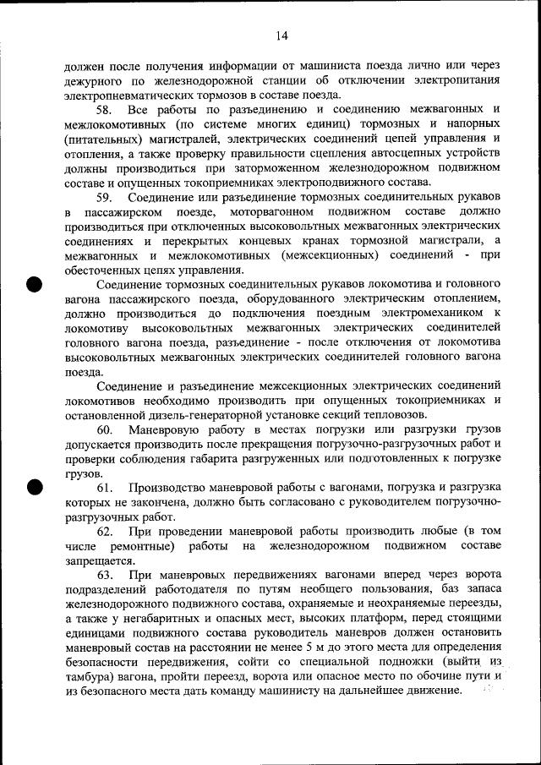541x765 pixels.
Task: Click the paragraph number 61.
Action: point(106,488)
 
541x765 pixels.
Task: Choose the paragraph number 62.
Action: point(106,531)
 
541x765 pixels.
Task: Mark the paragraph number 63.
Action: point(106,574)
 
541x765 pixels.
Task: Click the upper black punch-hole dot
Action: point(34,284)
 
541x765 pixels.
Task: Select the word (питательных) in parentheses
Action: point(101,139)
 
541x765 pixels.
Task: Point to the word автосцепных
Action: point(391,154)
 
